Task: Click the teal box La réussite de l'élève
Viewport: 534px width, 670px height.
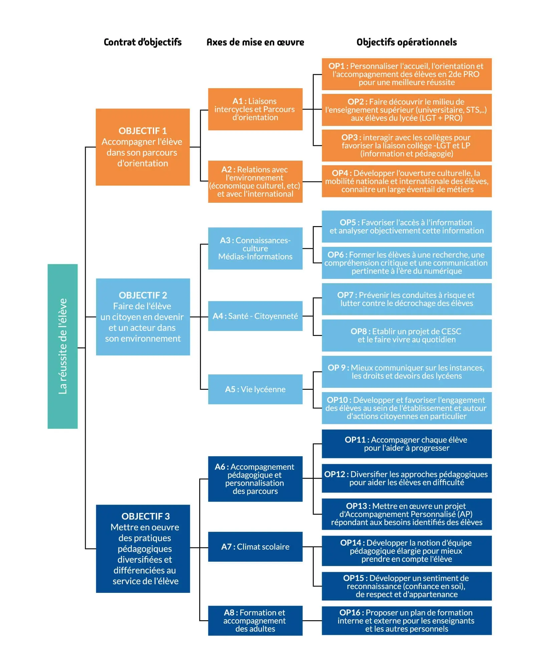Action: coord(62,346)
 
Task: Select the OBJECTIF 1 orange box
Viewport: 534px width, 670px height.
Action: coord(143,147)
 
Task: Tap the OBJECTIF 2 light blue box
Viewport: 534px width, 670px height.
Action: coord(143,317)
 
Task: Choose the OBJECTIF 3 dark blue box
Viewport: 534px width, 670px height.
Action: coord(143,548)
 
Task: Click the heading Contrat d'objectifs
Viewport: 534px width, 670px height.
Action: coord(143,42)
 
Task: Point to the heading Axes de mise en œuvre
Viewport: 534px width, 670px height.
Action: coord(255,42)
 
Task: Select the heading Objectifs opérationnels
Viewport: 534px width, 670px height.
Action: coord(406,42)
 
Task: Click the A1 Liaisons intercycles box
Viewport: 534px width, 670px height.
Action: coord(255,109)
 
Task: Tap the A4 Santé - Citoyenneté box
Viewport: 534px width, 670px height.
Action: coord(255,316)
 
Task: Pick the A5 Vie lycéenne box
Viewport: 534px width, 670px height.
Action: coord(255,389)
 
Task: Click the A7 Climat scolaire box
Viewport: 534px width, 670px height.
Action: coord(255,547)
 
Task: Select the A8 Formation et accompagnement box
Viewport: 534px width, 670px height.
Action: coord(255,621)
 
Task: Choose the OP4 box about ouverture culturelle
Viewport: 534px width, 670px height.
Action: coord(406,181)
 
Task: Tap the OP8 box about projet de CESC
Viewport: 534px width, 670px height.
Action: coord(406,335)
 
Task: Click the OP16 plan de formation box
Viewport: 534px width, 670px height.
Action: coord(406,621)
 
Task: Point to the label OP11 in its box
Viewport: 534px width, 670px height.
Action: coord(355,440)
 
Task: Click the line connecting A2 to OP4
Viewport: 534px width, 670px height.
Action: coord(312,182)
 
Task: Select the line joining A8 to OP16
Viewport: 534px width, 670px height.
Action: coord(312,621)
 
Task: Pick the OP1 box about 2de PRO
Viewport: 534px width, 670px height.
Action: coord(406,74)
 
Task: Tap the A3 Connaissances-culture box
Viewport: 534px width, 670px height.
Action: coord(255,248)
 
